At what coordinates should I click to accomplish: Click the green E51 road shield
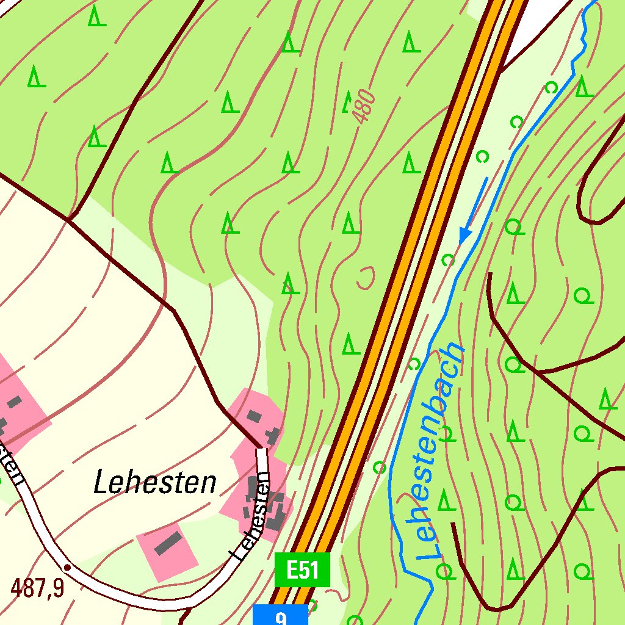302,569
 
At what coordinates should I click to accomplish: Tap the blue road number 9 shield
280,615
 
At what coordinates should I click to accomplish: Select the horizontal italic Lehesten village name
155,483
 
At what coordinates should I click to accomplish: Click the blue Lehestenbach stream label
439,452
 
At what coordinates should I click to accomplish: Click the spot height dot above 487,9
67,567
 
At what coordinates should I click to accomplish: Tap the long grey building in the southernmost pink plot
168,543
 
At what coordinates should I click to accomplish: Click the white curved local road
153,601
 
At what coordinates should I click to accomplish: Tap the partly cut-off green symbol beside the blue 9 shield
312,606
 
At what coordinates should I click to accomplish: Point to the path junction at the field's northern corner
68,219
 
